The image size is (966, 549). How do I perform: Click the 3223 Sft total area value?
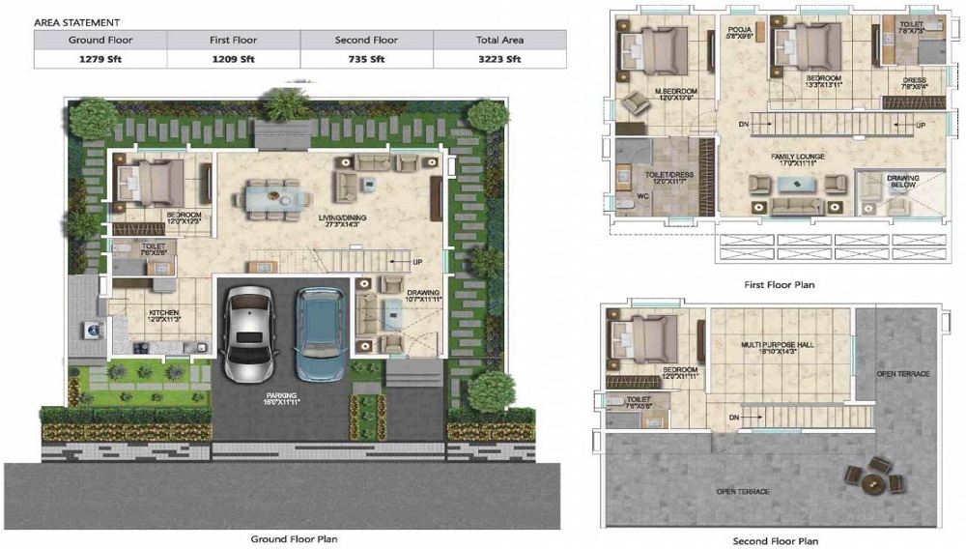click(x=499, y=59)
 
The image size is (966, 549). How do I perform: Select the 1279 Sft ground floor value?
click(x=100, y=59)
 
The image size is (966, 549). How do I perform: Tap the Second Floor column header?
click(x=366, y=40)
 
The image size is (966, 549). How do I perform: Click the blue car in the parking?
click(x=320, y=333)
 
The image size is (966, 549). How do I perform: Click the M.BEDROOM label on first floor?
click(x=675, y=93)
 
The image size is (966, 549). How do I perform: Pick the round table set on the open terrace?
click(x=874, y=477)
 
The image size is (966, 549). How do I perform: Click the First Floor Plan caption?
click(x=778, y=285)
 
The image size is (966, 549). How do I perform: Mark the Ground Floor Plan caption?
click(x=294, y=538)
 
